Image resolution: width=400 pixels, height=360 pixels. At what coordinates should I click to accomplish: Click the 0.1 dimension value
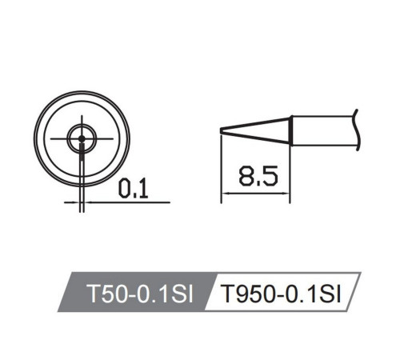click(132, 190)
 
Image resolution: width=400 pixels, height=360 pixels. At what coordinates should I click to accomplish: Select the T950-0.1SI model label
click(279, 294)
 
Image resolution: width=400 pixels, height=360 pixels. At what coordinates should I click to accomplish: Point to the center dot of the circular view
click(81, 139)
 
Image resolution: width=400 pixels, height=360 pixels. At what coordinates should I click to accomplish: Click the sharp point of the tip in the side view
click(222, 131)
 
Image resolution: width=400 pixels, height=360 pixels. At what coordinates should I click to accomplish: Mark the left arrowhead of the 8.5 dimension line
click(225, 194)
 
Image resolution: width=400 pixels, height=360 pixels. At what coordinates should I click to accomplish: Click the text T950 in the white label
click(242, 294)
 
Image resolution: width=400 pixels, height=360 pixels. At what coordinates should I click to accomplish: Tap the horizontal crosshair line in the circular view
click(104, 139)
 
